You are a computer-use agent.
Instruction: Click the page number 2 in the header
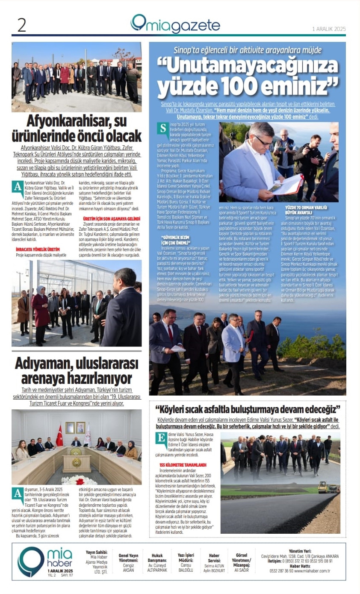(x=21, y=25)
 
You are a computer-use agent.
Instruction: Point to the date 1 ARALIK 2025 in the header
(x=329, y=29)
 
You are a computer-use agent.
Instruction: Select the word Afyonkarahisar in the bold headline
(x=69, y=121)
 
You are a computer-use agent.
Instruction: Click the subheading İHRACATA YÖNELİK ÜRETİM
(x=38, y=249)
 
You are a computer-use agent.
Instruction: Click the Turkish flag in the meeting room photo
(x=59, y=435)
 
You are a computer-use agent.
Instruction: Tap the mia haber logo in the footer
(x=45, y=561)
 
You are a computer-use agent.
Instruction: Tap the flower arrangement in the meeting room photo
(x=80, y=479)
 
